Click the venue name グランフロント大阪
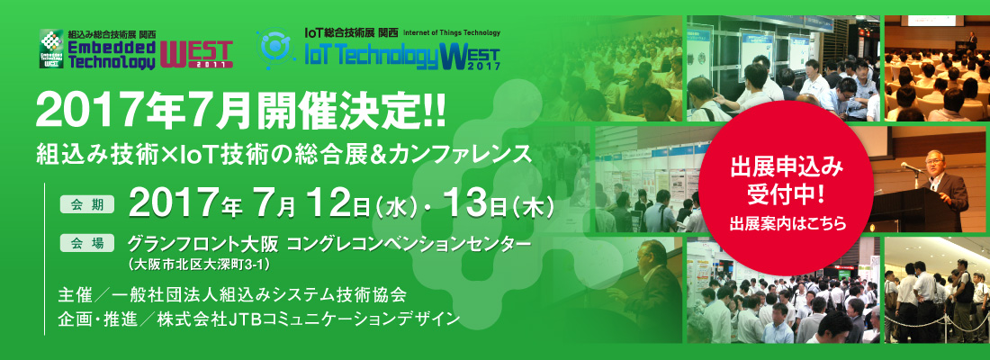[205, 243]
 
